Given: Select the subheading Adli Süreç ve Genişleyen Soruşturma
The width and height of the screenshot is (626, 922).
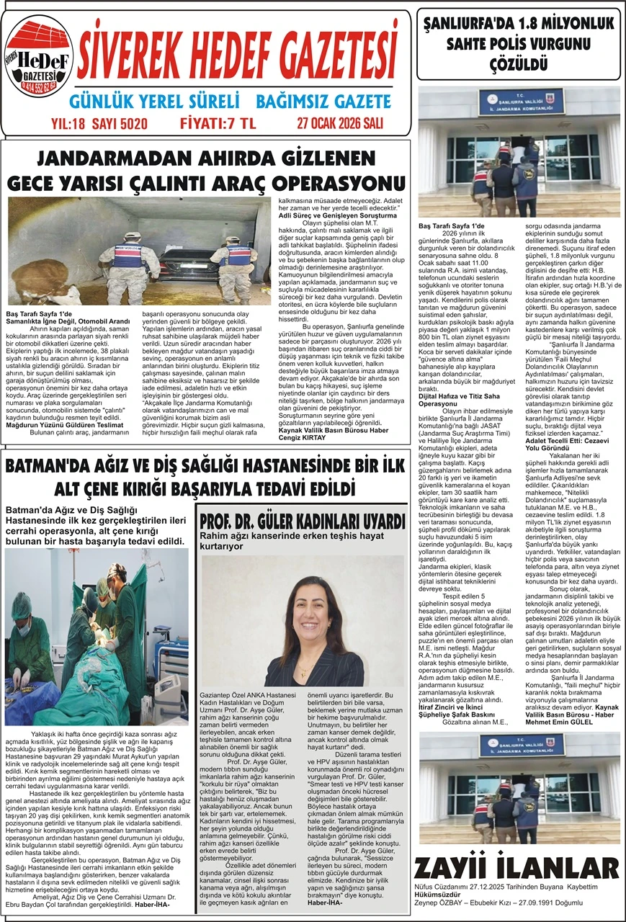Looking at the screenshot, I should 338,214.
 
